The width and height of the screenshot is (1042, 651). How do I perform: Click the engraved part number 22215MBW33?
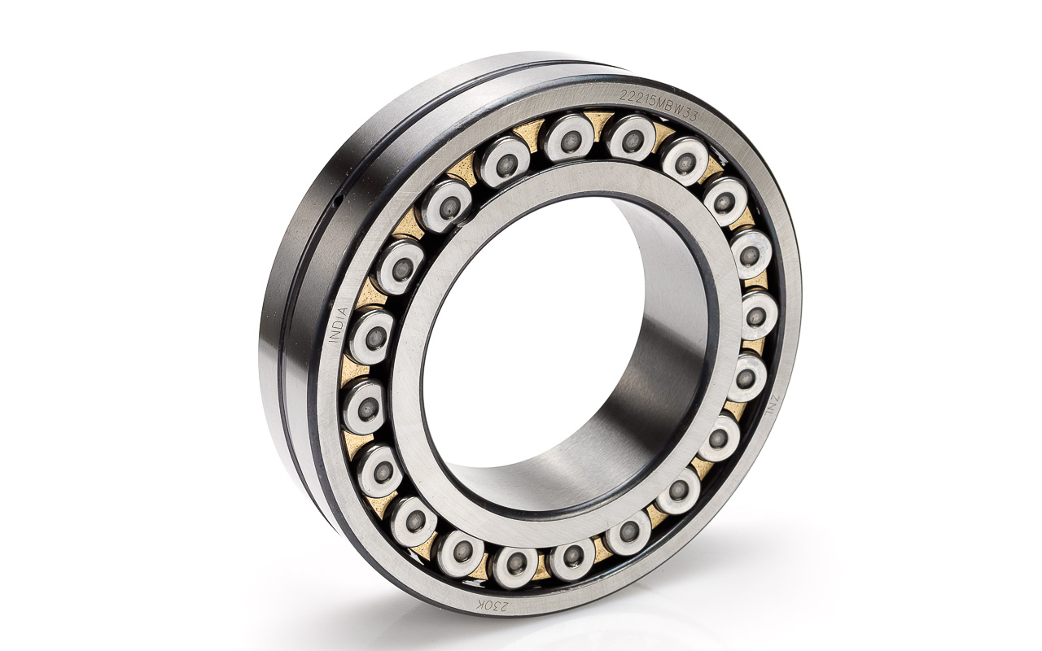pos(659,106)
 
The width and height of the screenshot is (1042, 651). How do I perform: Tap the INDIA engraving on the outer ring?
pos(338,325)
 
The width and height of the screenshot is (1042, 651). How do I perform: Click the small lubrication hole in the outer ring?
pos(339,200)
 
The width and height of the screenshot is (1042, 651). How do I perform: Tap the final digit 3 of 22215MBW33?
pos(694,116)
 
